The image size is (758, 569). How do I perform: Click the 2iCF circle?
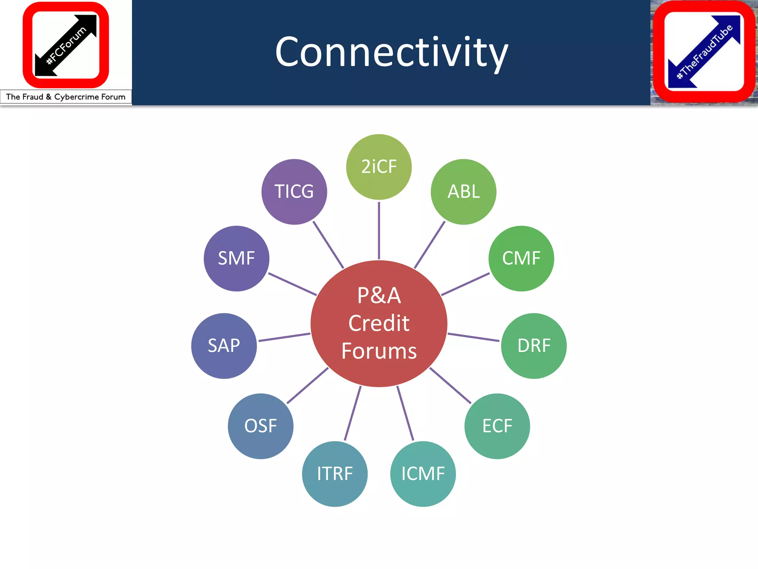tap(379, 167)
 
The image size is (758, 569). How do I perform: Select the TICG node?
tap(294, 192)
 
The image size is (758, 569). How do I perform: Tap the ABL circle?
tap(463, 192)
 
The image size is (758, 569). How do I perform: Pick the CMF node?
tap(521, 258)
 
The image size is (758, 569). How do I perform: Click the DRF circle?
tap(534, 346)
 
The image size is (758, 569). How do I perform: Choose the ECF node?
tap(497, 426)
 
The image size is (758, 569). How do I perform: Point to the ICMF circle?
tap(423, 474)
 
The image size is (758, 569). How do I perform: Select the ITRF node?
tap(335, 474)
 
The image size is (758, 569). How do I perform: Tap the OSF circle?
tap(261, 426)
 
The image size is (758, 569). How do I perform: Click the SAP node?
tap(224, 346)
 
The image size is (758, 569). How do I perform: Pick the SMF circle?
tap(237, 258)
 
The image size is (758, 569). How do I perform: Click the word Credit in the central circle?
tap(379, 323)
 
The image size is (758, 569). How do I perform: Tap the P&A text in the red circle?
tap(379, 296)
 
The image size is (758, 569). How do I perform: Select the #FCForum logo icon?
tap(66, 45)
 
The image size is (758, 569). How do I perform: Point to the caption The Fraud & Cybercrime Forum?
tap(66, 97)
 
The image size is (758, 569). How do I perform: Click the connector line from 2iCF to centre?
tap(379, 230)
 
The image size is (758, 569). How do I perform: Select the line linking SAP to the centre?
tap(284, 337)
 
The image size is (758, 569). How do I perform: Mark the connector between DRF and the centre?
tap(473, 337)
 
